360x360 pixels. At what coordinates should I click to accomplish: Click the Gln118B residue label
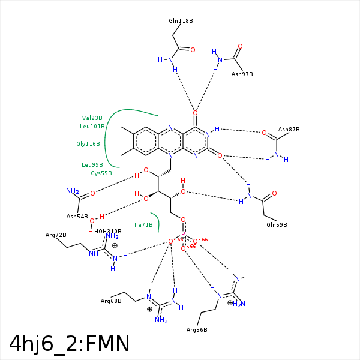[x=181, y=20]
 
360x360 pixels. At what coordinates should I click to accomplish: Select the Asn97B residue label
[x=242, y=74]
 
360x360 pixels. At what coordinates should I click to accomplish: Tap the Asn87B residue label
[x=289, y=130]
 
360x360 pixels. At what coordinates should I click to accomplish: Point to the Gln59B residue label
[x=277, y=224]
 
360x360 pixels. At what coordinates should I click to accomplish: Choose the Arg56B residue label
[x=197, y=330]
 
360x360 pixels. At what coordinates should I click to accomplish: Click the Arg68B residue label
[x=111, y=301]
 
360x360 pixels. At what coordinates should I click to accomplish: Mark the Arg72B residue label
[x=56, y=235]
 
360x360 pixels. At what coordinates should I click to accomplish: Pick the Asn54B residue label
[x=77, y=216]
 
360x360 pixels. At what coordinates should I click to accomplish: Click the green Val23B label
[x=92, y=118]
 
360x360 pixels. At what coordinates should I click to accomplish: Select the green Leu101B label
[x=92, y=127]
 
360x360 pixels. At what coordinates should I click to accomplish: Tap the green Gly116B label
[x=88, y=144]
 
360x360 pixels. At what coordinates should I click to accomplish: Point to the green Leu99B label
[x=92, y=164]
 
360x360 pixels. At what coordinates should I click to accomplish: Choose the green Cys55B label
[x=101, y=173]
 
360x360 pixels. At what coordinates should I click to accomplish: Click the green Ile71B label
[x=143, y=224]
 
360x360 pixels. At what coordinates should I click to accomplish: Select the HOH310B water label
[x=108, y=231]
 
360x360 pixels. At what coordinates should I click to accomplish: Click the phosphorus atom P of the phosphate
[x=184, y=235]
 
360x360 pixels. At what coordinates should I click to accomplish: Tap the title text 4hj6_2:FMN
[x=70, y=343]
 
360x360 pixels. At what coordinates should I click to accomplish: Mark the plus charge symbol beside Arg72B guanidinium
[x=115, y=245]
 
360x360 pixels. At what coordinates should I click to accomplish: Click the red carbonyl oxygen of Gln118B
[x=193, y=50]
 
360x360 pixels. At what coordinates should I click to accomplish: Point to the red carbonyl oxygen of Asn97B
[x=240, y=46]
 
